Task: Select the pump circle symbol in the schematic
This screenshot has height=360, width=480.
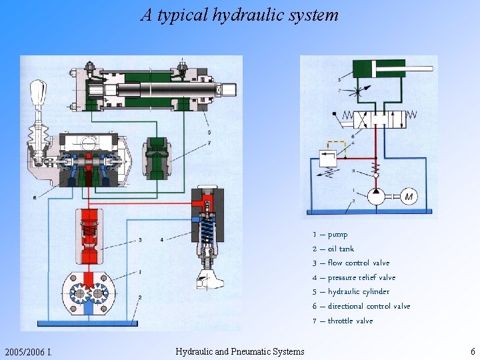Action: [x=377, y=195]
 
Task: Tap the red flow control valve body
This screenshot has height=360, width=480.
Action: [x=90, y=237]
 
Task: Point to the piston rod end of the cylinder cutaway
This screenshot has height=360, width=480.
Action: [x=227, y=88]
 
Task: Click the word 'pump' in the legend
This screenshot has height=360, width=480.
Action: [x=337, y=235]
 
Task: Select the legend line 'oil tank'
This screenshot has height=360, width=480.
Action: [x=333, y=249]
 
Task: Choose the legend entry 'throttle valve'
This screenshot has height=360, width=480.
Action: [x=343, y=321]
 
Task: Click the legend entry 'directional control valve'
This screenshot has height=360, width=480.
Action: [x=361, y=306]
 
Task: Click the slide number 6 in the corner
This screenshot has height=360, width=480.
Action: [x=472, y=351]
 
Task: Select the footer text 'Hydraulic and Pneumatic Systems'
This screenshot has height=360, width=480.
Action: [x=239, y=351]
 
